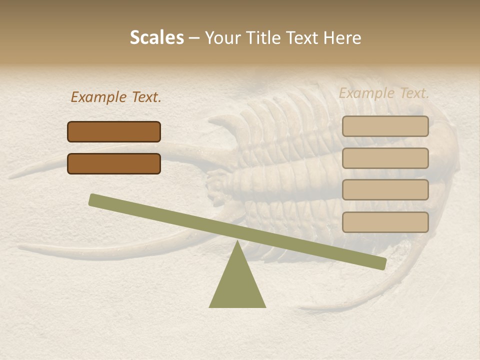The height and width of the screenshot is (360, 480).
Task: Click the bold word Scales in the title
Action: pos(156,38)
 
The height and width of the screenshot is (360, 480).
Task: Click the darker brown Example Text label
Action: pos(116,97)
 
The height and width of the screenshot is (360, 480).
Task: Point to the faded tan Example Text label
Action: pos(384,93)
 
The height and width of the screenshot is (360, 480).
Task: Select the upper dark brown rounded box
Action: pos(114,131)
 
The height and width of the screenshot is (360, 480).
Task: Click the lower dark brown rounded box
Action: pos(114,163)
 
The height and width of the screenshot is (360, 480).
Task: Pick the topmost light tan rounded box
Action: pos(385,126)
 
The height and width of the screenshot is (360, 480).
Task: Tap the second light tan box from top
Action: pos(385,158)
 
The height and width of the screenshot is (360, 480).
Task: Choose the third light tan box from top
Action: pos(385,190)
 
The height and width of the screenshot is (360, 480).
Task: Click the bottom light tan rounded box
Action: pos(385,222)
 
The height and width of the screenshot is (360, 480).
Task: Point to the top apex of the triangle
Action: pos(237,242)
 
